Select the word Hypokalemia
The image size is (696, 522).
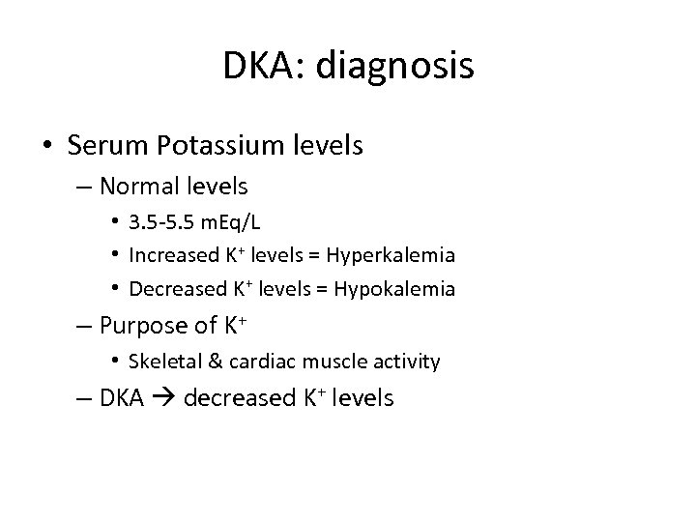(393, 288)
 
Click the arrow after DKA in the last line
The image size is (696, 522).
(161, 397)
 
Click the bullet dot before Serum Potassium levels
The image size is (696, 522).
(46, 147)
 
